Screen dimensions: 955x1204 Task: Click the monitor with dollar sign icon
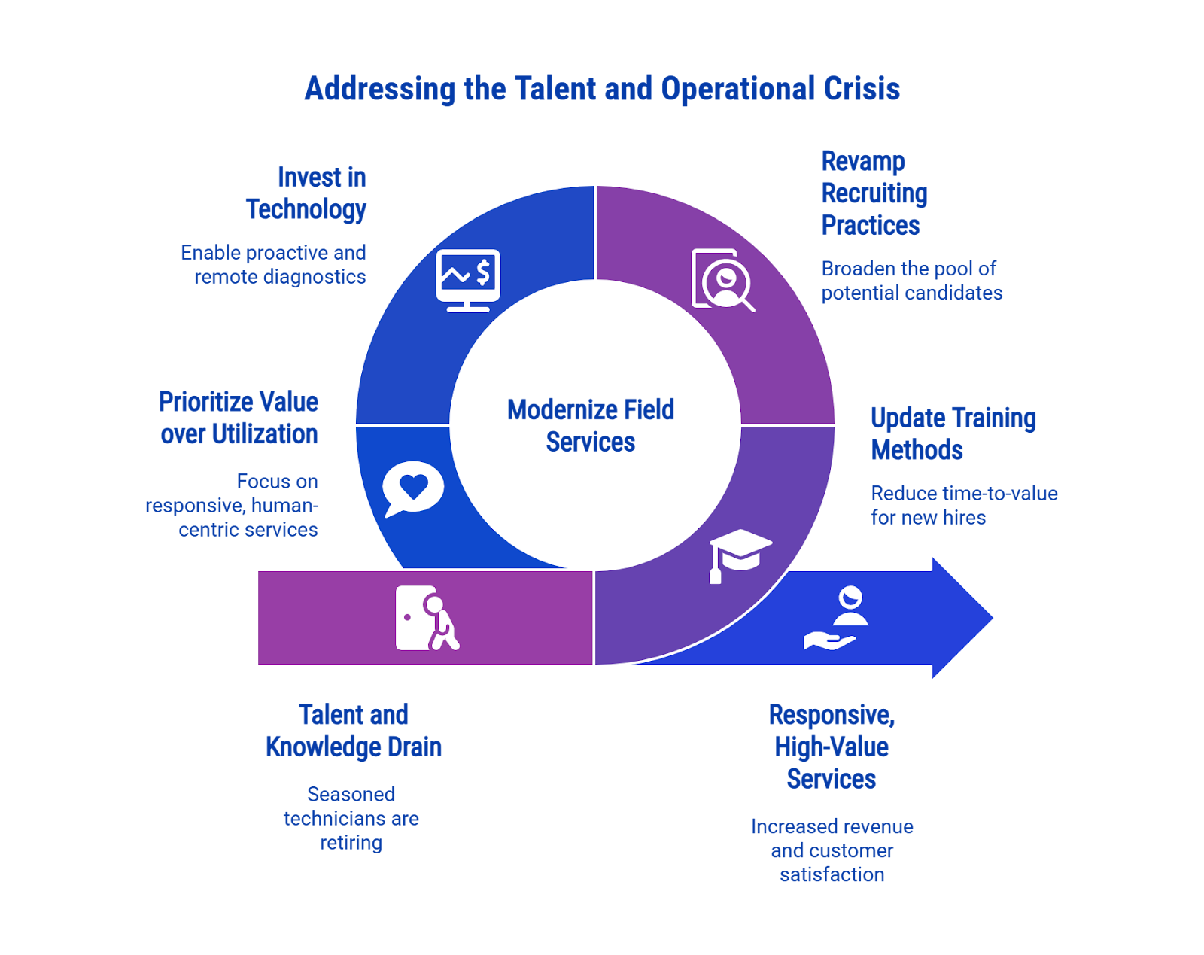(468, 280)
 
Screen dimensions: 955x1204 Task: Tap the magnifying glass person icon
(723, 280)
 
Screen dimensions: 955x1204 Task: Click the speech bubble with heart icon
(413, 488)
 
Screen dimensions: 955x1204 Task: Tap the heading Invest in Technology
(306, 193)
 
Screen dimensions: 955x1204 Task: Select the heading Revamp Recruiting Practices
(874, 193)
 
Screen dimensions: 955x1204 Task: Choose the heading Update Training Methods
(953, 433)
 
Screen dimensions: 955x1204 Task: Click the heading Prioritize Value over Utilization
(239, 418)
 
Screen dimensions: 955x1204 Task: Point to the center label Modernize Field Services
(591, 426)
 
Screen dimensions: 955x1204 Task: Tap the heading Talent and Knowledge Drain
(354, 731)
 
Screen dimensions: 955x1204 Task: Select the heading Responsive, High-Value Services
(832, 747)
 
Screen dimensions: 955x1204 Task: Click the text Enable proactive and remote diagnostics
(274, 264)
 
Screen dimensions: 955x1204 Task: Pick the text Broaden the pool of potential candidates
(911, 281)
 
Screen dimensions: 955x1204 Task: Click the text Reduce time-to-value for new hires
(964, 505)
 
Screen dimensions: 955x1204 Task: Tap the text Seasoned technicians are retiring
(351, 818)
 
